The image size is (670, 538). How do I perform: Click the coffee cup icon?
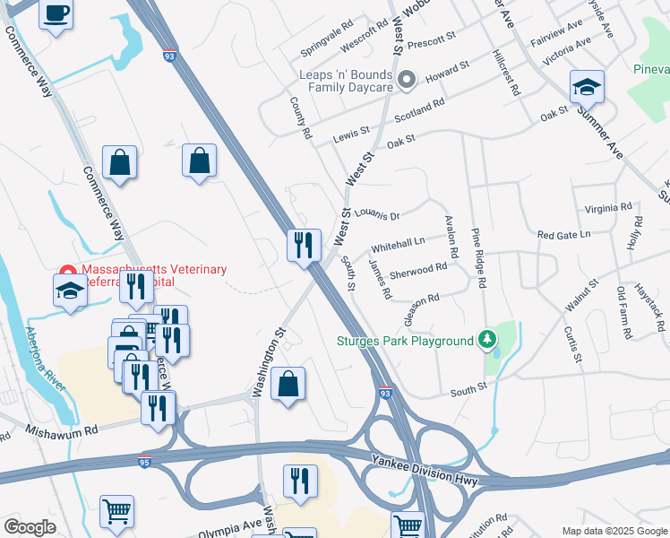tap(56, 15)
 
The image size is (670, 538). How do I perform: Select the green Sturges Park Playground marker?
tap(486, 340)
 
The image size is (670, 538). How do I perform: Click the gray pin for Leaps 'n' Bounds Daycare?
tap(406, 81)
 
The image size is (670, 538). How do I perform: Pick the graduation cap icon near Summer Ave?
tap(587, 86)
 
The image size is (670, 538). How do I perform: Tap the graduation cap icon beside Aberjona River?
tap(70, 291)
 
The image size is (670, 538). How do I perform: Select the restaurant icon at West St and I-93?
tap(304, 244)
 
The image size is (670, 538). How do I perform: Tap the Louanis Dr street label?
tap(376, 214)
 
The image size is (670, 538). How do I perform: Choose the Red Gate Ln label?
tap(563, 235)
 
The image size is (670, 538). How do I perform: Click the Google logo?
tap(30, 527)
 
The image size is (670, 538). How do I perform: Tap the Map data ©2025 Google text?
tap(614, 531)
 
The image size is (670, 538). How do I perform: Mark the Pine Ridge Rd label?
tap(479, 258)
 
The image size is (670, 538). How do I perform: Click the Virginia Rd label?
tap(607, 208)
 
